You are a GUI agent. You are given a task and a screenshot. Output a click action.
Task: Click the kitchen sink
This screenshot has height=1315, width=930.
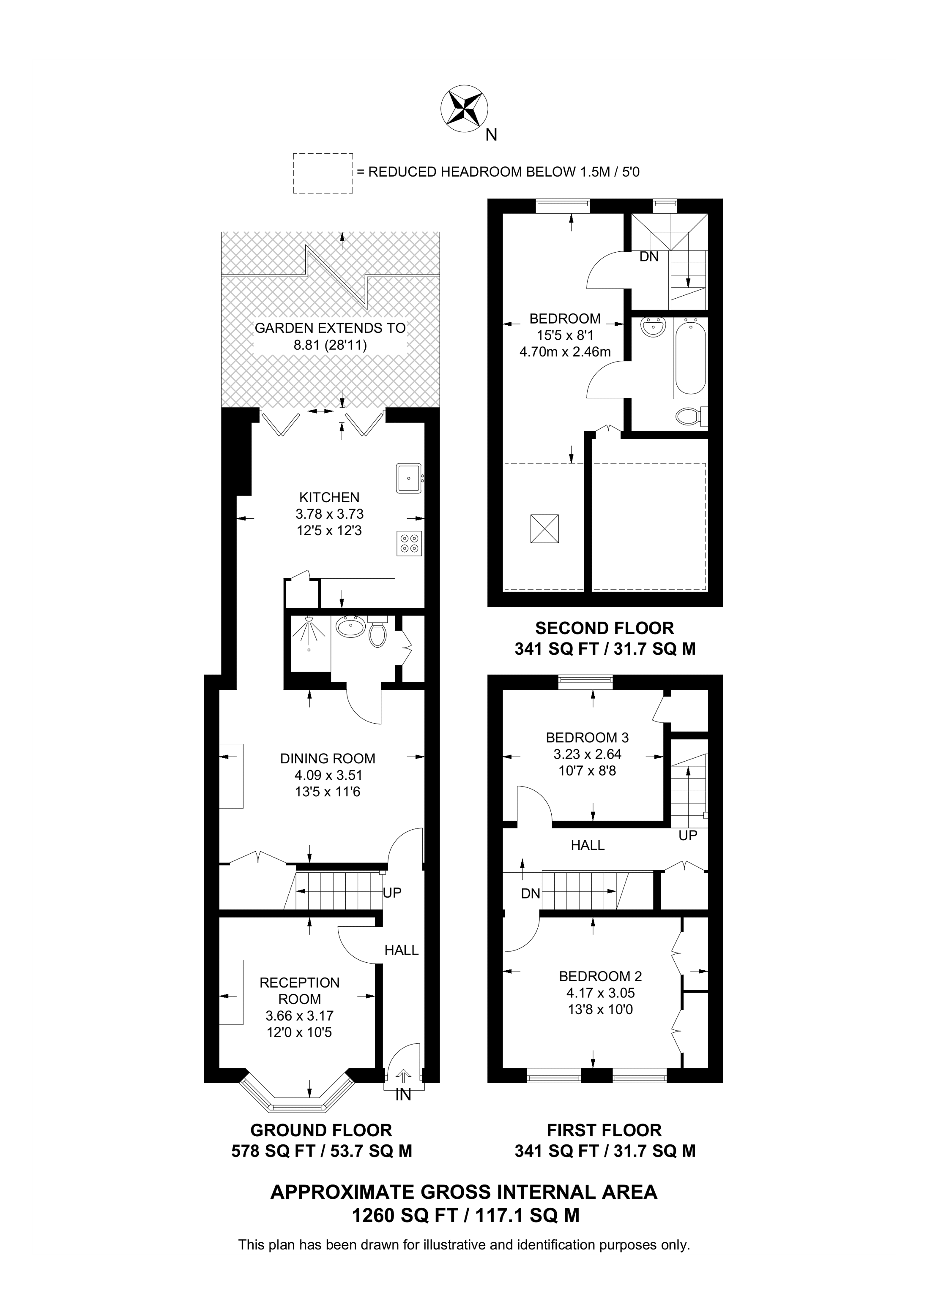408,478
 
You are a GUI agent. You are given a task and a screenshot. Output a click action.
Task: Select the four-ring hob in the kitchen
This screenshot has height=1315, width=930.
410,544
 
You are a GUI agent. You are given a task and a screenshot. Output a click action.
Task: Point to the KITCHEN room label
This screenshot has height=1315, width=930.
329,498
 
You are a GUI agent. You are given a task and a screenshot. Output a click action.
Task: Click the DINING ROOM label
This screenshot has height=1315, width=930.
328,759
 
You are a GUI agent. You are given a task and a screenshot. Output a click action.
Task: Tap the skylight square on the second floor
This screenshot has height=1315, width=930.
544,528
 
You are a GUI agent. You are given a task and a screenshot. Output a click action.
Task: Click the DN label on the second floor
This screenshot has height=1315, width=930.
649,257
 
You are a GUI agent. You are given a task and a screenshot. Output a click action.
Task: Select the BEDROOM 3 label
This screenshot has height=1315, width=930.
587,738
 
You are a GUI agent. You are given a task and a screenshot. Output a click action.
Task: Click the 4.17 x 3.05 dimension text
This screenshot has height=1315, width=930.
601,993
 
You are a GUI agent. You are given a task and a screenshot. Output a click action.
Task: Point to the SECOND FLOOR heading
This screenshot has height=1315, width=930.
604,628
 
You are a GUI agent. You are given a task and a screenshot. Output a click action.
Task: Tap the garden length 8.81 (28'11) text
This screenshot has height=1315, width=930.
330,346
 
